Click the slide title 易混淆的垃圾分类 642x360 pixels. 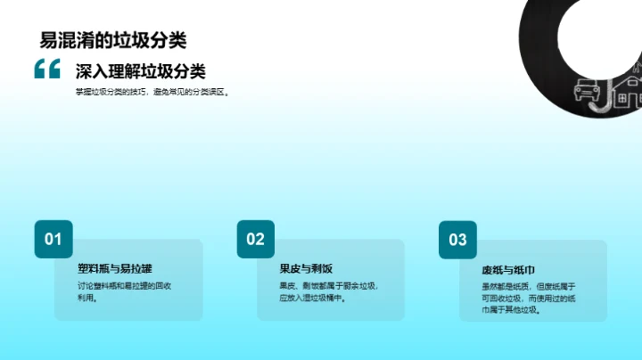click(113, 39)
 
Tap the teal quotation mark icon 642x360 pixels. click(46, 70)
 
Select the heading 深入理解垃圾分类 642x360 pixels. click(140, 71)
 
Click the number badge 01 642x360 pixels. click(53, 239)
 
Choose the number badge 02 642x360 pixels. click(256, 239)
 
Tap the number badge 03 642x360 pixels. click(457, 239)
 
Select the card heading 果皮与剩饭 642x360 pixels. click(306, 266)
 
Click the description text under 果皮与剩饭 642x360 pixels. click(328, 292)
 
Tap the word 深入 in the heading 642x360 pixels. click(91, 71)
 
